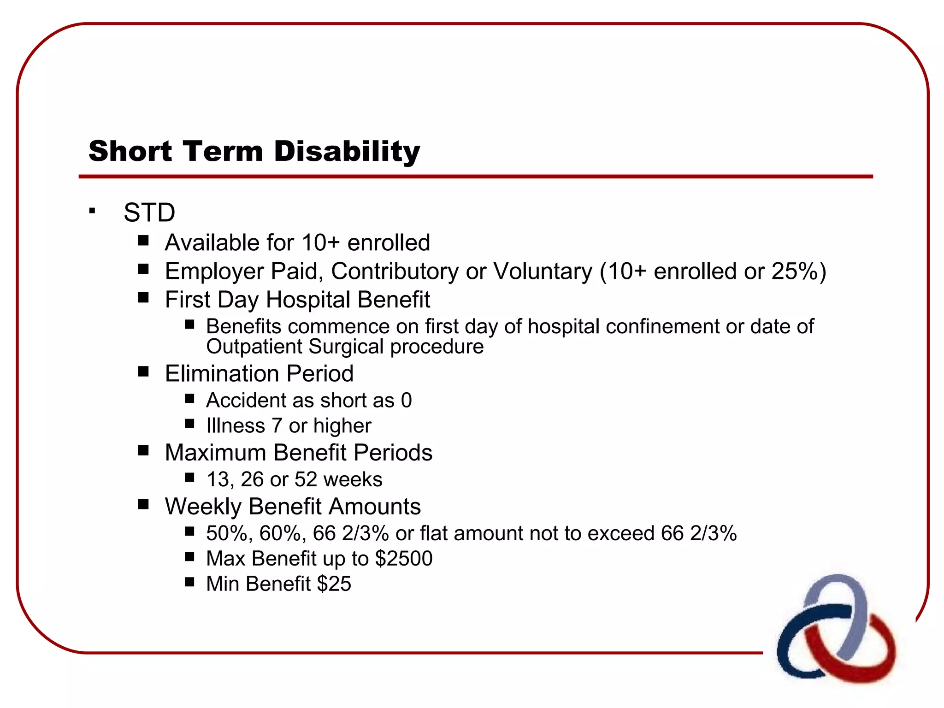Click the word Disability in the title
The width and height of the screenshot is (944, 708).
pos(347,151)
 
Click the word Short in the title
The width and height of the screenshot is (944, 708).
pos(130,151)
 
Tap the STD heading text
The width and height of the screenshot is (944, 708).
pos(149,213)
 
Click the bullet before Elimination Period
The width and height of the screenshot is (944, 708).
pos(143,372)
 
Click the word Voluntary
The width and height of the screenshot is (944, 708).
pos(543,271)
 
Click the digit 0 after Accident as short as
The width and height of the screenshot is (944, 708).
pos(406,400)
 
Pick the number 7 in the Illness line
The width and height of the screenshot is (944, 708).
pos(277,425)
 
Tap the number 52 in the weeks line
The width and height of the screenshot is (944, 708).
pos(306,479)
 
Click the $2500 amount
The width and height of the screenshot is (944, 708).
pos(404,559)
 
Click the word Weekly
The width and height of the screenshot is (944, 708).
pos(203,507)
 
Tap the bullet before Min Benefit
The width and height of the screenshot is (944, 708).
pos(189,582)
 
